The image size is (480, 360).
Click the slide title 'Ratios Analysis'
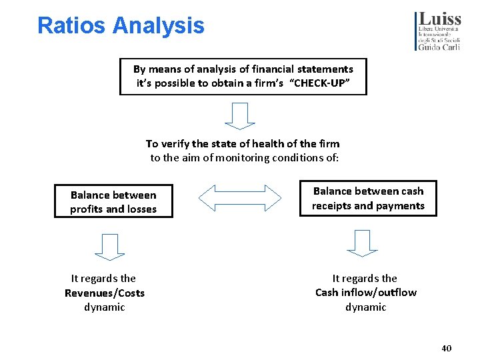(121, 26)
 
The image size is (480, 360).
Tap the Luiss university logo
(438, 31)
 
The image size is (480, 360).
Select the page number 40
(446, 349)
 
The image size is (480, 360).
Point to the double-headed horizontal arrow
(240, 198)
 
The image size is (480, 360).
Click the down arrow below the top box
(240, 115)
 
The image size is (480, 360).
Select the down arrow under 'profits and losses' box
(109, 246)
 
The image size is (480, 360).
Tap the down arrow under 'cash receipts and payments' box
(363, 243)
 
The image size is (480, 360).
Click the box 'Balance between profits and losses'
(113, 201)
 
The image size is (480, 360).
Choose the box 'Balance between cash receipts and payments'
(368, 198)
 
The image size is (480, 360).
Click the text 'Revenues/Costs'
(105, 293)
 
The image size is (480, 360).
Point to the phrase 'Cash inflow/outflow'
(366, 292)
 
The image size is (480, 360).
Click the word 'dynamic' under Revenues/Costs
(105, 307)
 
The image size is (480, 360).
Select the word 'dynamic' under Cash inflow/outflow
(366, 307)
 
